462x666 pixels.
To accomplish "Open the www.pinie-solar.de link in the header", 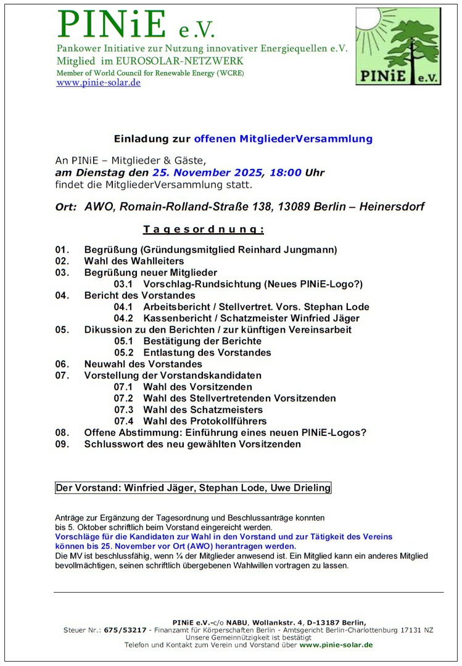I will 99,83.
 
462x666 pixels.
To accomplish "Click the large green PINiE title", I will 112,24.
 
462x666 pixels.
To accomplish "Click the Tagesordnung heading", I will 204,230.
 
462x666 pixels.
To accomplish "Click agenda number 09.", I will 62,444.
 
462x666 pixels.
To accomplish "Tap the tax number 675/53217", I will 126,630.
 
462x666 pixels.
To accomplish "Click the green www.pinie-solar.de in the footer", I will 336,644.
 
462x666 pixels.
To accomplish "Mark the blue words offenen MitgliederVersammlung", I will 283,139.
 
